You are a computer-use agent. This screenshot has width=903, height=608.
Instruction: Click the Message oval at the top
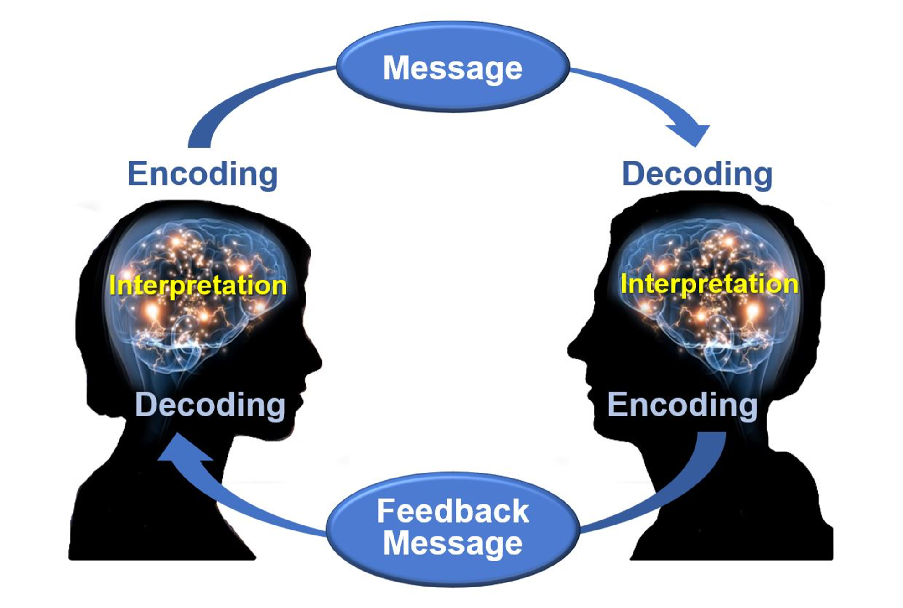[x=452, y=67]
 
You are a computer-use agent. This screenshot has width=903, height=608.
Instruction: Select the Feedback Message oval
[x=452, y=528]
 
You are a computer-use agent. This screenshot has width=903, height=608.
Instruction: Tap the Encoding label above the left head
[x=202, y=174]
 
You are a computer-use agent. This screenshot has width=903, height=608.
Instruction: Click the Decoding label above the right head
[x=697, y=174]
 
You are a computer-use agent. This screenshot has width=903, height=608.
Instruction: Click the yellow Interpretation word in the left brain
[x=198, y=286]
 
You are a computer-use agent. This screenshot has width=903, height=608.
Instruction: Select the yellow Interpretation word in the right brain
[x=709, y=284]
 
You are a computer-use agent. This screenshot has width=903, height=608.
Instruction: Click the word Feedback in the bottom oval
[x=452, y=511]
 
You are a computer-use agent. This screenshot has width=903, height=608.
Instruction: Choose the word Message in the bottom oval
[x=452, y=544]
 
